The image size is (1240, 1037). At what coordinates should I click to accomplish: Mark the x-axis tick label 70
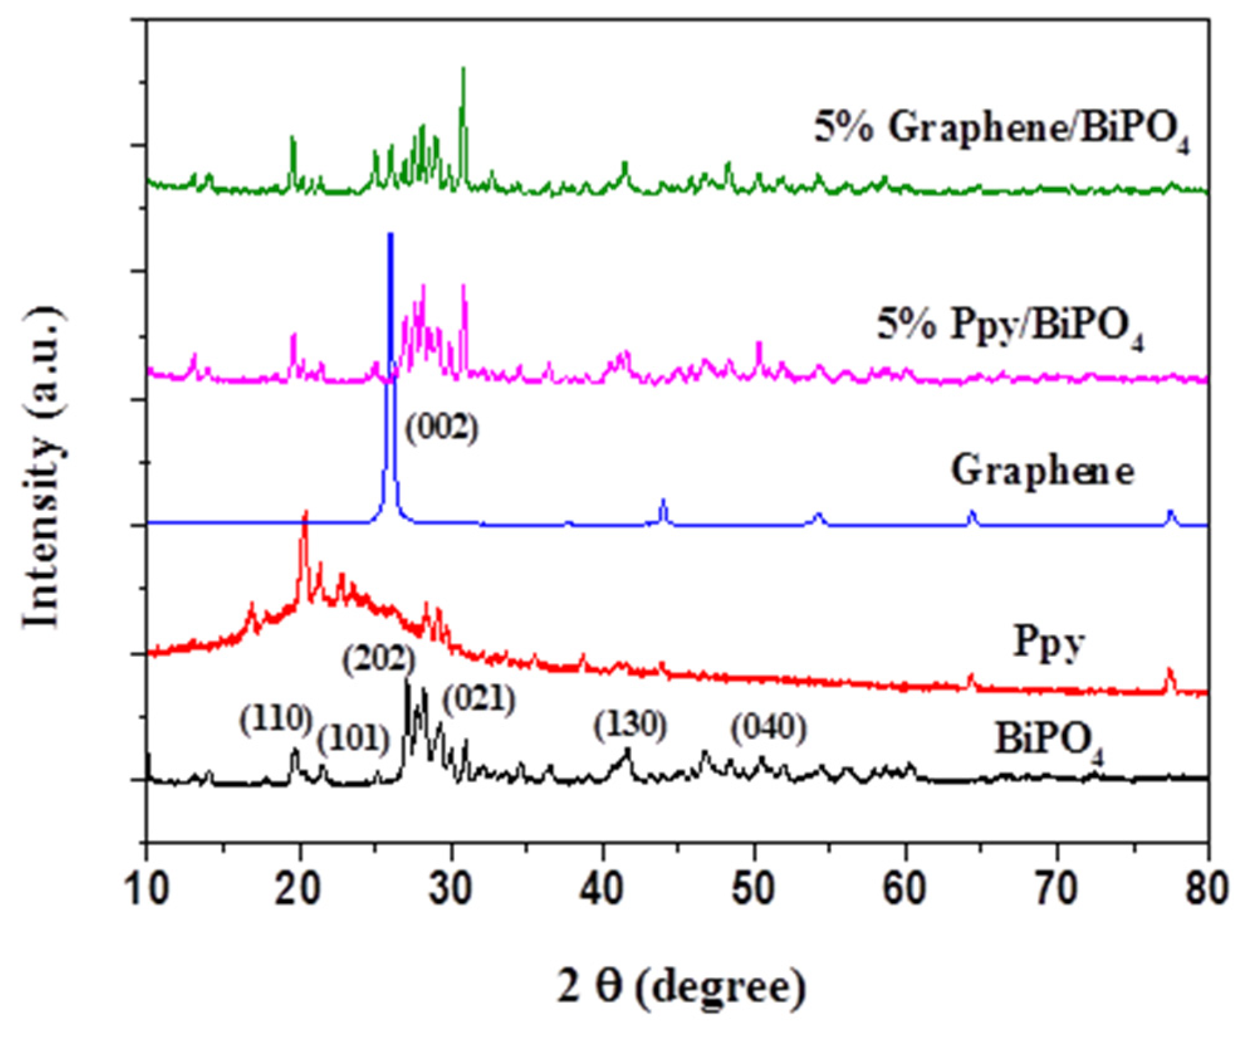click(1057, 890)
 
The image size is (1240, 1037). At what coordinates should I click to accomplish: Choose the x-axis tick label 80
click(1207, 890)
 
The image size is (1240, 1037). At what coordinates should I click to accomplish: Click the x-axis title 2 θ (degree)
click(681, 987)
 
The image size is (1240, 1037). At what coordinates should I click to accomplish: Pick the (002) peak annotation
click(441, 429)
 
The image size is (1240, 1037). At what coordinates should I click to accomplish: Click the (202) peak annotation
click(379, 659)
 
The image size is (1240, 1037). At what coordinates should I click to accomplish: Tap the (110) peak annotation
click(275, 719)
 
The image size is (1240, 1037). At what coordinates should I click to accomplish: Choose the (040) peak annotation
click(768, 728)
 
